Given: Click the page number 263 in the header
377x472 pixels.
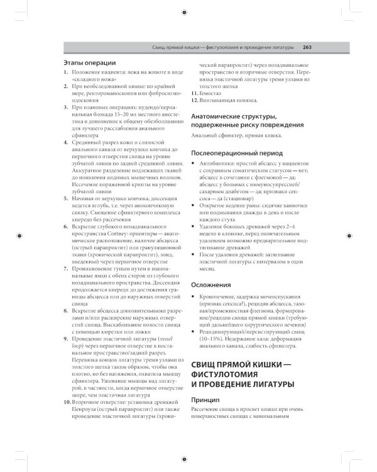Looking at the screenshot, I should tap(307, 47).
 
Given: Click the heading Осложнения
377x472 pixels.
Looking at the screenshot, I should tap(210, 285).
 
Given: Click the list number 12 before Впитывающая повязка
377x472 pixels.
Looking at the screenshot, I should tap(194, 100).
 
